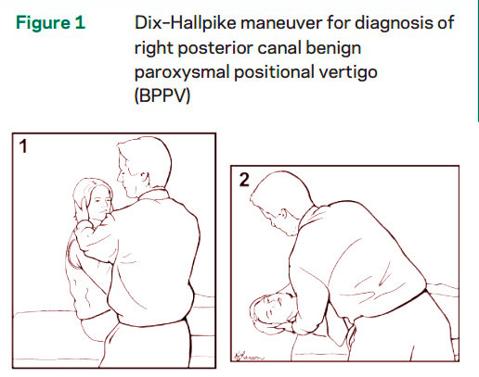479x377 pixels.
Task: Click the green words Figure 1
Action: click(50, 23)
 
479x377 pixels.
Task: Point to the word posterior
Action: click(215, 48)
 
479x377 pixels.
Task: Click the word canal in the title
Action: click(279, 47)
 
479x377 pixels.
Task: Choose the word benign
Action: click(333, 48)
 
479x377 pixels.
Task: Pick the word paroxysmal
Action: click(182, 73)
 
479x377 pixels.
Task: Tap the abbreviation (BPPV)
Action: click(162, 96)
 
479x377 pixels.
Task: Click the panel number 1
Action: click(23, 146)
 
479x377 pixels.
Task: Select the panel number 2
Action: click(244, 180)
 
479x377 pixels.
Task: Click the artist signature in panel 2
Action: click(250, 356)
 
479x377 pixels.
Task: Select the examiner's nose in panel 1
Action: click(119, 178)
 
